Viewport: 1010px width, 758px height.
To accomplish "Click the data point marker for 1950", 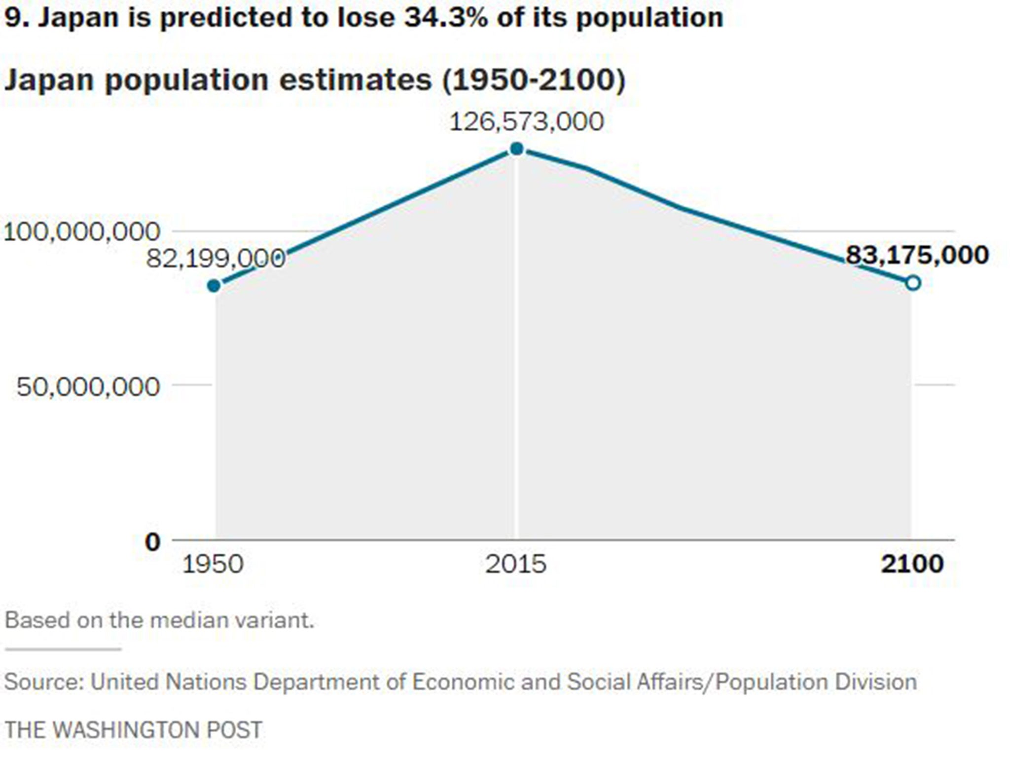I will (214, 285).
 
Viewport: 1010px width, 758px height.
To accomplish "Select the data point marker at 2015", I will (516, 149).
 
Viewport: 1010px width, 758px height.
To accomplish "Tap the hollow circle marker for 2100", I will (913, 283).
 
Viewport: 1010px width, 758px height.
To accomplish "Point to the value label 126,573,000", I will (526, 121).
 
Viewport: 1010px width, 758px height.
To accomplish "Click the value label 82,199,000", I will (216, 258).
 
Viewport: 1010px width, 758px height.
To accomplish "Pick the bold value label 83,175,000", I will (917, 255).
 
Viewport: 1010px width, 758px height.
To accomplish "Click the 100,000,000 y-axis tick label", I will (82, 231).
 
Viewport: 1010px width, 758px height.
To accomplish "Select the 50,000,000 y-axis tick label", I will (88, 386).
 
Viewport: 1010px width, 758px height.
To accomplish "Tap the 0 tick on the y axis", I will (153, 542).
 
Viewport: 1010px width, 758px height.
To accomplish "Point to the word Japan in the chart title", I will (49, 80).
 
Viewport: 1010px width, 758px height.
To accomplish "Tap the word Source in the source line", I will (44, 682).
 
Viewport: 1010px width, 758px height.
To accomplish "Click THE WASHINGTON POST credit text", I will (133, 730).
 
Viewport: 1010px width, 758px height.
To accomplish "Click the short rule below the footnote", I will (63, 649).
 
